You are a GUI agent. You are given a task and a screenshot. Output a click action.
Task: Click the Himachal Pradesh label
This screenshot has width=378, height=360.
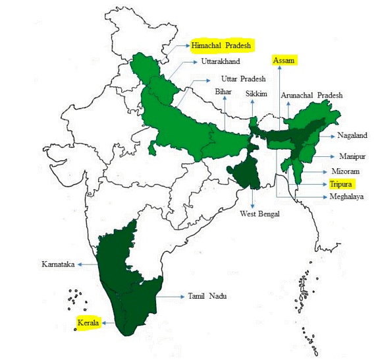(223, 45)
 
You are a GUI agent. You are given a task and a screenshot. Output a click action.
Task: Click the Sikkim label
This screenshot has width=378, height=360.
(256, 94)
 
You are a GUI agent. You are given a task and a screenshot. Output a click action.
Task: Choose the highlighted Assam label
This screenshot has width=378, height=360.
(285, 61)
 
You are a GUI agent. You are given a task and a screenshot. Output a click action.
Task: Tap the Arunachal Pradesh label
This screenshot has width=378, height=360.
(311, 95)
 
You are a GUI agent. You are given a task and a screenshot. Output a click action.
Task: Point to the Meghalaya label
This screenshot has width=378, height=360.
(346, 196)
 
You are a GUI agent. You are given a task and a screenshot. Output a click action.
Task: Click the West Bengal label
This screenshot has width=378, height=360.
(259, 214)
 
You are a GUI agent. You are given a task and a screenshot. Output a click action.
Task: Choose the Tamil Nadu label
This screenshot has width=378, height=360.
(207, 297)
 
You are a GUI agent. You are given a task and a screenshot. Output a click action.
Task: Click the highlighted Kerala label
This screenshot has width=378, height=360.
(88, 323)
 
